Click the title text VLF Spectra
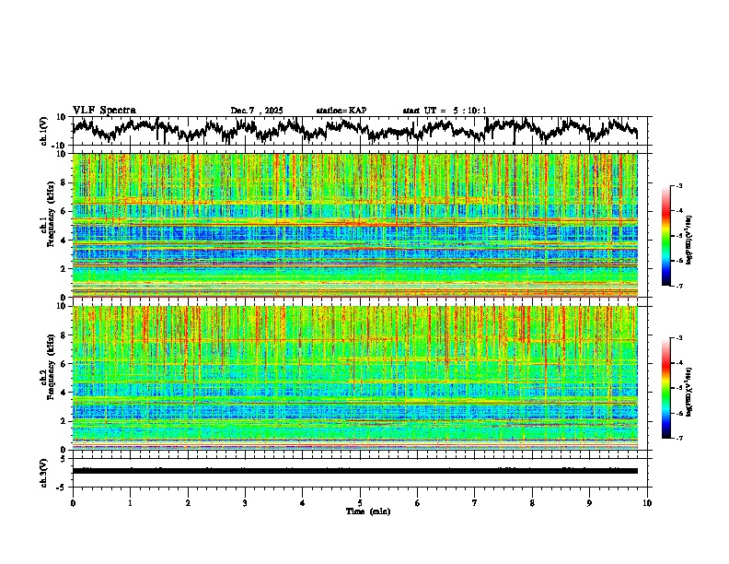(104, 110)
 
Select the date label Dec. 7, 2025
(257, 111)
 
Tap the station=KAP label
(341, 111)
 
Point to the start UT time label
(445, 111)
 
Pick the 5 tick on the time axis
(360, 502)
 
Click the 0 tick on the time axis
(73, 502)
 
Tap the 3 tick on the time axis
(245, 502)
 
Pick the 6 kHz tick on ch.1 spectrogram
(64, 211)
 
